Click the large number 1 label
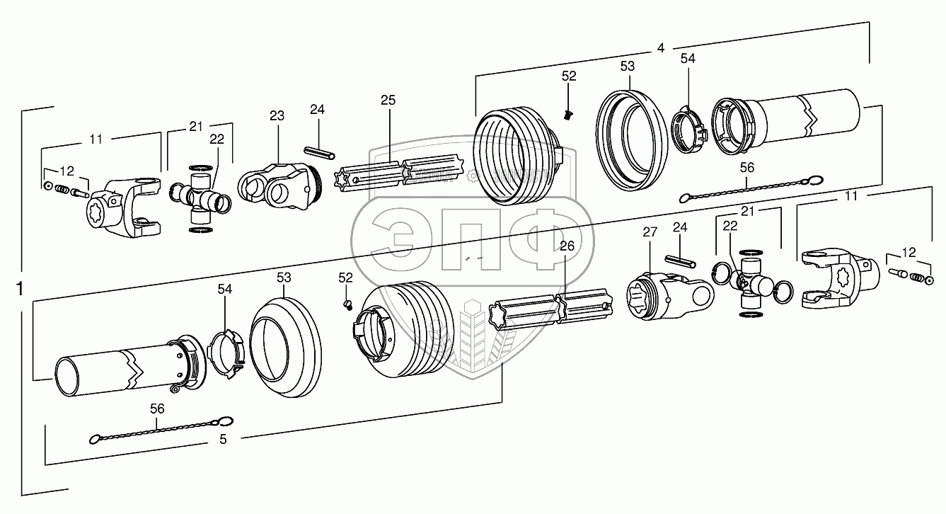(x=21, y=289)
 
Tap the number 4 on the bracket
(x=660, y=48)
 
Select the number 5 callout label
(x=223, y=439)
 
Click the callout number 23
(x=276, y=115)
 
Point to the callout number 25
(x=388, y=100)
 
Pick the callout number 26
(x=566, y=246)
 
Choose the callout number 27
(x=650, y=232)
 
